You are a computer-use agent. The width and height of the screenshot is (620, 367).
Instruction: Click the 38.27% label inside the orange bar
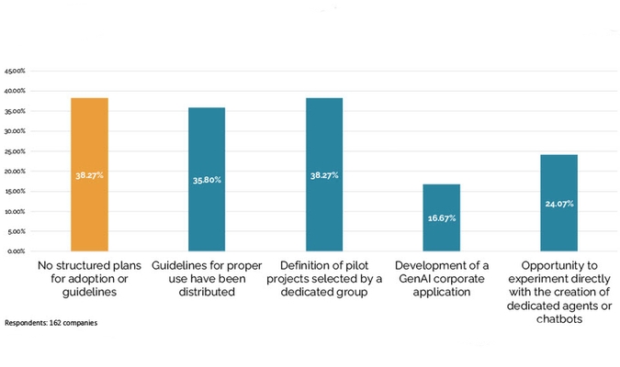click(89, 174)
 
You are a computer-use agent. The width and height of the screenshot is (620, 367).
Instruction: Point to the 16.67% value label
click(441, 218)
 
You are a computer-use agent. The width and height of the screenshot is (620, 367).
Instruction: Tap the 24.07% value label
click(558, 204)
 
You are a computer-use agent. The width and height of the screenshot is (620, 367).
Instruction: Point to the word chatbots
click(558, 319)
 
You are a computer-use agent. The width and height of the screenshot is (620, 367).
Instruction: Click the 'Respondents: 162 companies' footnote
click(51, 324)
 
